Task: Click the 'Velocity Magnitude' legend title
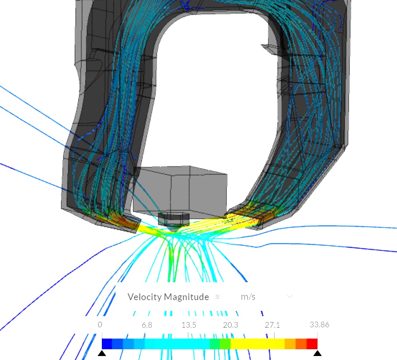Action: coord(168,297)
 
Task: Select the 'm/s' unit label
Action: coord(248,297)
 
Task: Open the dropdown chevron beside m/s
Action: coord(290,296)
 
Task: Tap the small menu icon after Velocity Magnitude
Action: coord(218,297)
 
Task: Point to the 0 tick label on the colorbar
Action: coord(100,324)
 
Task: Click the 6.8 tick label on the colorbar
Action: coord(147,325)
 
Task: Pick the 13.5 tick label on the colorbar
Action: coord(189,325)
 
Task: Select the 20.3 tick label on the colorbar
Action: coord(230,325)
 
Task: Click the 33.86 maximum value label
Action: coord(319,324)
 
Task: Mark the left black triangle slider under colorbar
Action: coord(102,353)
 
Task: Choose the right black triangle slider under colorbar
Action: coord(318,353)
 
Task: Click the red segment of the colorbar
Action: coord(312,344)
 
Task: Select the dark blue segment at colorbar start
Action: coord(107,344)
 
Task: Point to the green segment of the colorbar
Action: coord(220,344)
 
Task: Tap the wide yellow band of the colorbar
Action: coord(258,344)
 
